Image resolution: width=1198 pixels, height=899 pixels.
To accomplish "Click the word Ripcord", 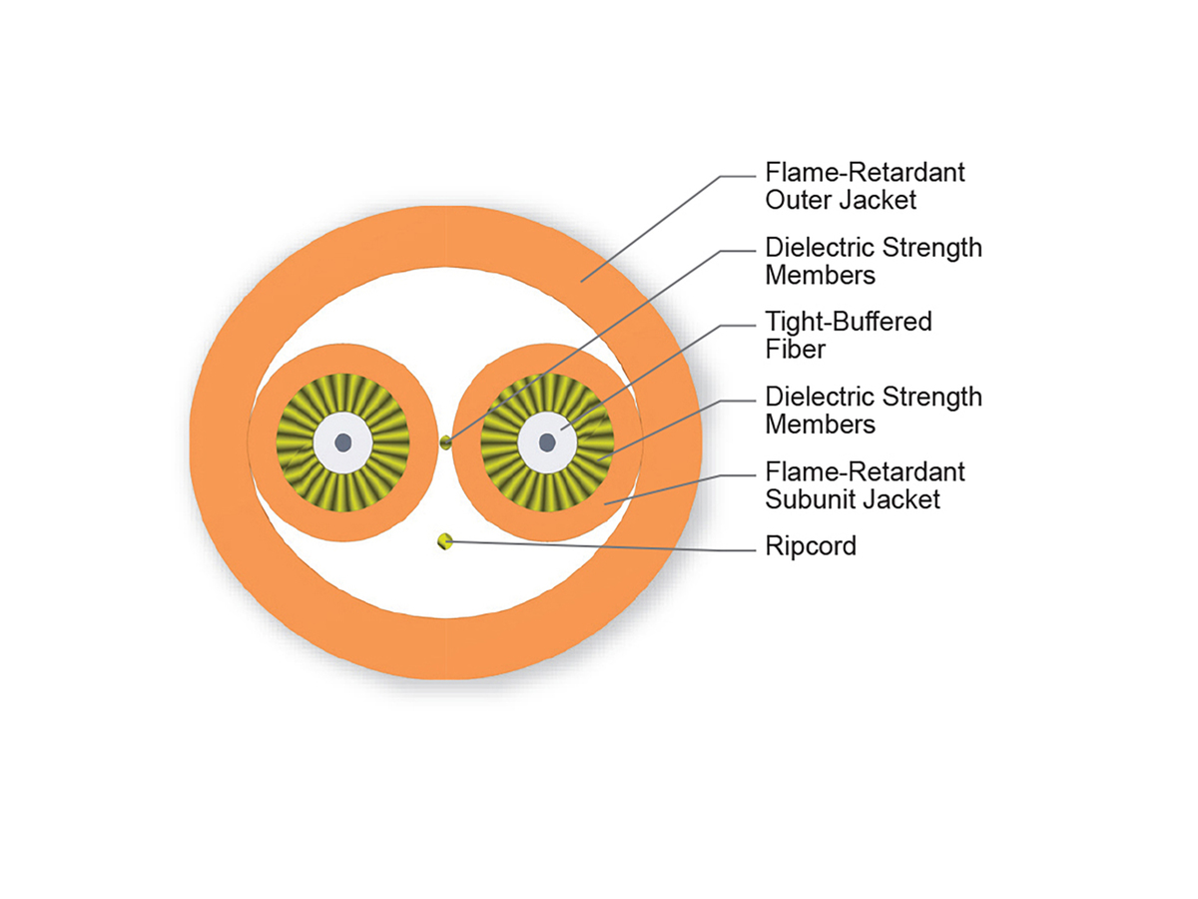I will click(811, 546).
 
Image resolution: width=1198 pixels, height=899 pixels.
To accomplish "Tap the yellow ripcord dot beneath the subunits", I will click(445, 541).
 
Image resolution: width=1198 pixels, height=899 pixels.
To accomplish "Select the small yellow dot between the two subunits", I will click(446, 442).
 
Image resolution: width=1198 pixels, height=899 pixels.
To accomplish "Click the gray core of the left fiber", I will click(342, 442).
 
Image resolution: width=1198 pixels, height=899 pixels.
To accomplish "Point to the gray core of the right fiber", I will click(548, 442).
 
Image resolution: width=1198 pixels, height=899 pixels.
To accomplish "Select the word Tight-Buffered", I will click(849, 322).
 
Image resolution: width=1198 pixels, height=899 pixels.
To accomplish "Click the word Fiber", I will click(797, 350).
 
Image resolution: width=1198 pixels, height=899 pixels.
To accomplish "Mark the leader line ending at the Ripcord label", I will click(599, 544).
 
